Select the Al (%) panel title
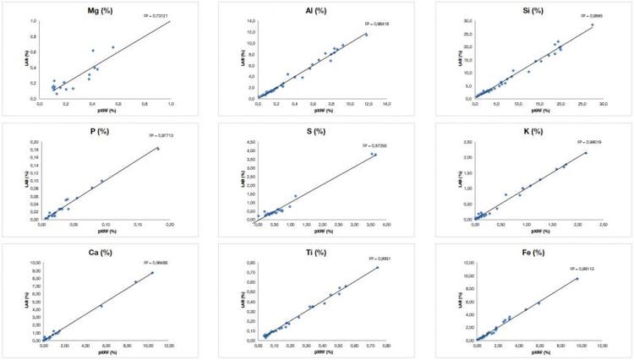(320, 10)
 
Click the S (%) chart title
(320, 131)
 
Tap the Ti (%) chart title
(320, 253)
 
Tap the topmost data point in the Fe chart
(577, 279)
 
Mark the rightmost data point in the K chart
(585, 153)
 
